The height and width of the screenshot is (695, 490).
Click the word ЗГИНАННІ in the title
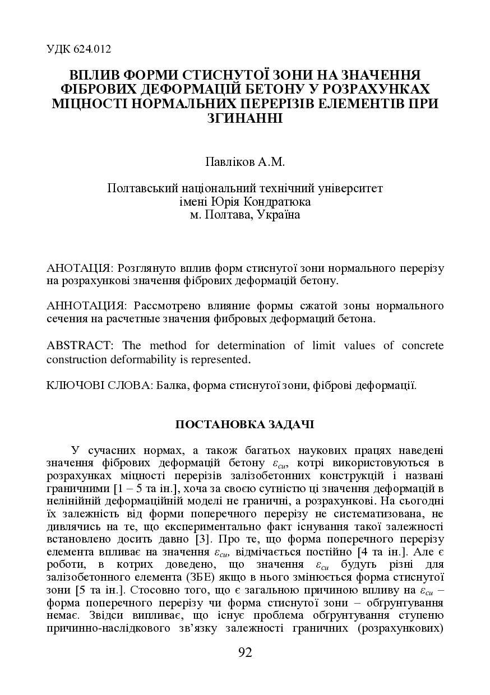pos(245,118)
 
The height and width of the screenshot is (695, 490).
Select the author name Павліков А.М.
pos(245,163)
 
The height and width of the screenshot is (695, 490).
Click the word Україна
pos(278,215)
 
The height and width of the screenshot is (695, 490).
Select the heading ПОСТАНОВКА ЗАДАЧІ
pos(245,424)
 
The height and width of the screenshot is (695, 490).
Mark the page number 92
pos(245,652)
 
